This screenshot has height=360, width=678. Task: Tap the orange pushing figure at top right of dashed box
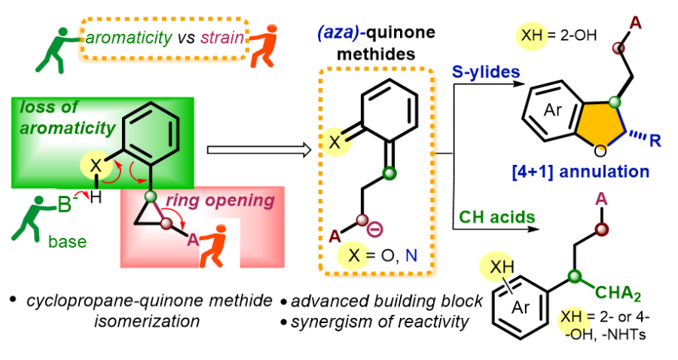point(266,44)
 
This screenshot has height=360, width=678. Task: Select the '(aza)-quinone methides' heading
point(373,44)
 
